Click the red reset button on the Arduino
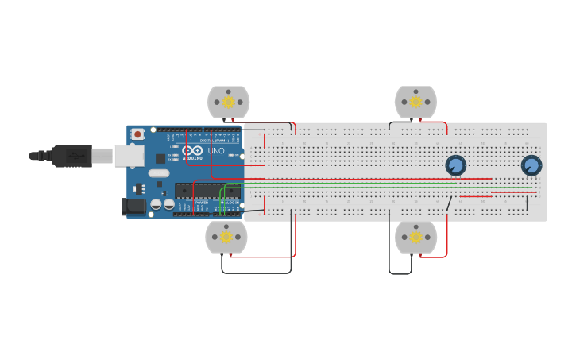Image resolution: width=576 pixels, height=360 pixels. click(137, 134)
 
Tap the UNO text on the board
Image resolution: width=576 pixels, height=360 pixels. click(216, 151)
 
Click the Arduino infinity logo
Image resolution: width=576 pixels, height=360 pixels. click(192, 150)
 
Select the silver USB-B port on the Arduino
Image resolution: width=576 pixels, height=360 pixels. click(128, 156)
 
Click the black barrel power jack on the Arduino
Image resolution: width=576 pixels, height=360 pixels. click(134, 207)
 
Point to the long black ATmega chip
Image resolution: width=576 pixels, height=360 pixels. click(208, 191)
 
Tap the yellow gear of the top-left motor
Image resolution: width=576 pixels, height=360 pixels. click(228, 102)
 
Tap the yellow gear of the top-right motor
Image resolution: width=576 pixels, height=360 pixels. click(416, 102)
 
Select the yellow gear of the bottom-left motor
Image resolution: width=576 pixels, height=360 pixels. click(226, 237)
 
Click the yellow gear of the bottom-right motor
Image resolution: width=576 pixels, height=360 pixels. click(416, 237)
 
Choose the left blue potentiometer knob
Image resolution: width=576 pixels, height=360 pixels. click(455, 165)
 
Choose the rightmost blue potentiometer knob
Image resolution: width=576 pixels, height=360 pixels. click(531, 165)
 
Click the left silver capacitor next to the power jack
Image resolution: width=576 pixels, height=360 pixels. click(156, 204)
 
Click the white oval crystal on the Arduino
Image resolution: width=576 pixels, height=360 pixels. click(159, 173)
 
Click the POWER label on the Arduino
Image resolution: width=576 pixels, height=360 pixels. click(203, 203)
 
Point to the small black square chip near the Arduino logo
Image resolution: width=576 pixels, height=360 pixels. click(160, 159)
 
